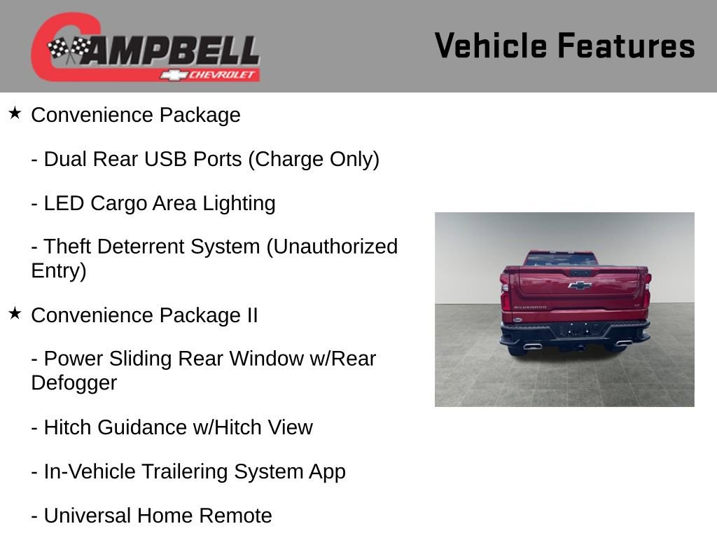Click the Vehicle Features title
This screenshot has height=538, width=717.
(564, 46)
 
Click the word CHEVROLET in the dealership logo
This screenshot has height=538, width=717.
(223, 75)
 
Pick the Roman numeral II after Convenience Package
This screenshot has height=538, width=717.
(251, 315)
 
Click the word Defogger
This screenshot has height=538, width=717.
(74, 383)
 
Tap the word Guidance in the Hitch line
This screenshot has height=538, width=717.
(134, 427)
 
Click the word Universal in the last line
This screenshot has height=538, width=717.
(87, 516)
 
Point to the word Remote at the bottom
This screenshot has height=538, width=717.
(235, 516)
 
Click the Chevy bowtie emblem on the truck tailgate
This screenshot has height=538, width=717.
(579, 285)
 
